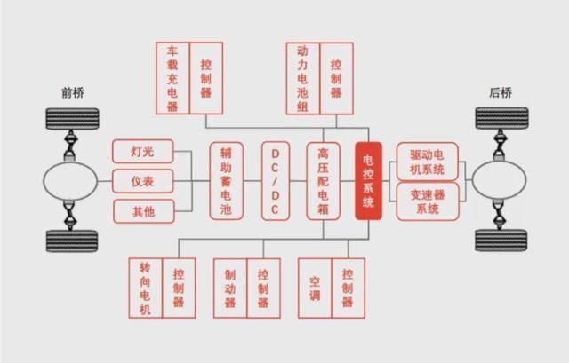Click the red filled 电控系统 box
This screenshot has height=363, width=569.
[x=368, y=181]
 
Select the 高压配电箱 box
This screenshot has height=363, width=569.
[x=324, y=181]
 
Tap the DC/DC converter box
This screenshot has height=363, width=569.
[x=276, y=181]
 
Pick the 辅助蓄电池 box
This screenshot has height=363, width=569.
[x=226, y=181]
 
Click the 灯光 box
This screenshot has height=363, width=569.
[x=143, y=152]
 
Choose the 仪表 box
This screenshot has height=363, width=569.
[x=143, y=181]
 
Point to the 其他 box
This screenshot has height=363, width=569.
[x=144, y=211]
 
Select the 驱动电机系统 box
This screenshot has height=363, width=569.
[x=428, y=162]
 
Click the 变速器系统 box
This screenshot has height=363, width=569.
[x=428, y=201]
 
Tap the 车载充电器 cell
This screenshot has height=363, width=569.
[x=172, y=78]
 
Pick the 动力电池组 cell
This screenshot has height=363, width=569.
[x=303, y=79]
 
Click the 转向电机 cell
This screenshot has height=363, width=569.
[x=146, y=288]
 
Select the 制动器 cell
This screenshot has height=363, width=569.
[x=230, y=288]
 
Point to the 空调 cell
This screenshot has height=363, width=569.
[x=315, y=288]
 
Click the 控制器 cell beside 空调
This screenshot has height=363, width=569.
[x=349, y=288]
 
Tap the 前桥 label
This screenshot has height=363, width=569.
[x=73, y=92]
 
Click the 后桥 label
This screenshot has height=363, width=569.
[x=501, y=92]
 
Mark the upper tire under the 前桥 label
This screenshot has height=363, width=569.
[x=72, y=119]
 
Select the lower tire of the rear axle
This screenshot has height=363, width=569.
[x=501, y=241]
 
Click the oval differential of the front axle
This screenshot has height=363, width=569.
[x=70, y=181]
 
